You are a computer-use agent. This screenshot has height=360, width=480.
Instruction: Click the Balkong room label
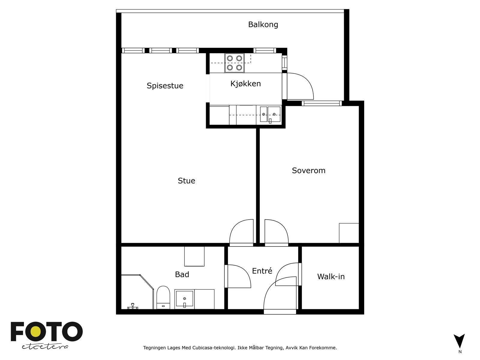(x=263, y=25)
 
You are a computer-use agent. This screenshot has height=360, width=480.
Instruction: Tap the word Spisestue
(x=165, y=86)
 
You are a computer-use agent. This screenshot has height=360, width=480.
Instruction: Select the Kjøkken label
(x=246, y=84)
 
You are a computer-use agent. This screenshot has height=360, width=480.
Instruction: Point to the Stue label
(x=186, y=181)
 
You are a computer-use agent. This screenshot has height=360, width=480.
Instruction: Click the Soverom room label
(x=309, y=170)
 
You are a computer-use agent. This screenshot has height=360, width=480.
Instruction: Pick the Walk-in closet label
(x=331, y=277)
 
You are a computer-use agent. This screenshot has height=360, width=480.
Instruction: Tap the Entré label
(x=262, y=271)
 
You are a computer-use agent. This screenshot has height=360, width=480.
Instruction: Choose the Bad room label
(x=182, y=274)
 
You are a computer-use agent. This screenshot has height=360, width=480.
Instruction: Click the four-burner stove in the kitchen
(x=234, y=63)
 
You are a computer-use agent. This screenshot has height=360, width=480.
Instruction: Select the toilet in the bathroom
(x=163, y=298)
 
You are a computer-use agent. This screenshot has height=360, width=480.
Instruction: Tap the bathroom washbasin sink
(x=184, y=299)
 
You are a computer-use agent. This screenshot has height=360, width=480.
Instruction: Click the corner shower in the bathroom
(x=137, y=292)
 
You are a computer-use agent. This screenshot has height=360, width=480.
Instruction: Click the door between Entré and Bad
(x=238, y=276)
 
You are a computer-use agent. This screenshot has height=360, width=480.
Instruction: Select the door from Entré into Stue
(x=241, y=232)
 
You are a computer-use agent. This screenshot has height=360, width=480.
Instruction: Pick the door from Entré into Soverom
(x=276, y=232)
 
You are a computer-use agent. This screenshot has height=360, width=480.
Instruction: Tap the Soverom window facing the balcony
(x=322, y=103)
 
